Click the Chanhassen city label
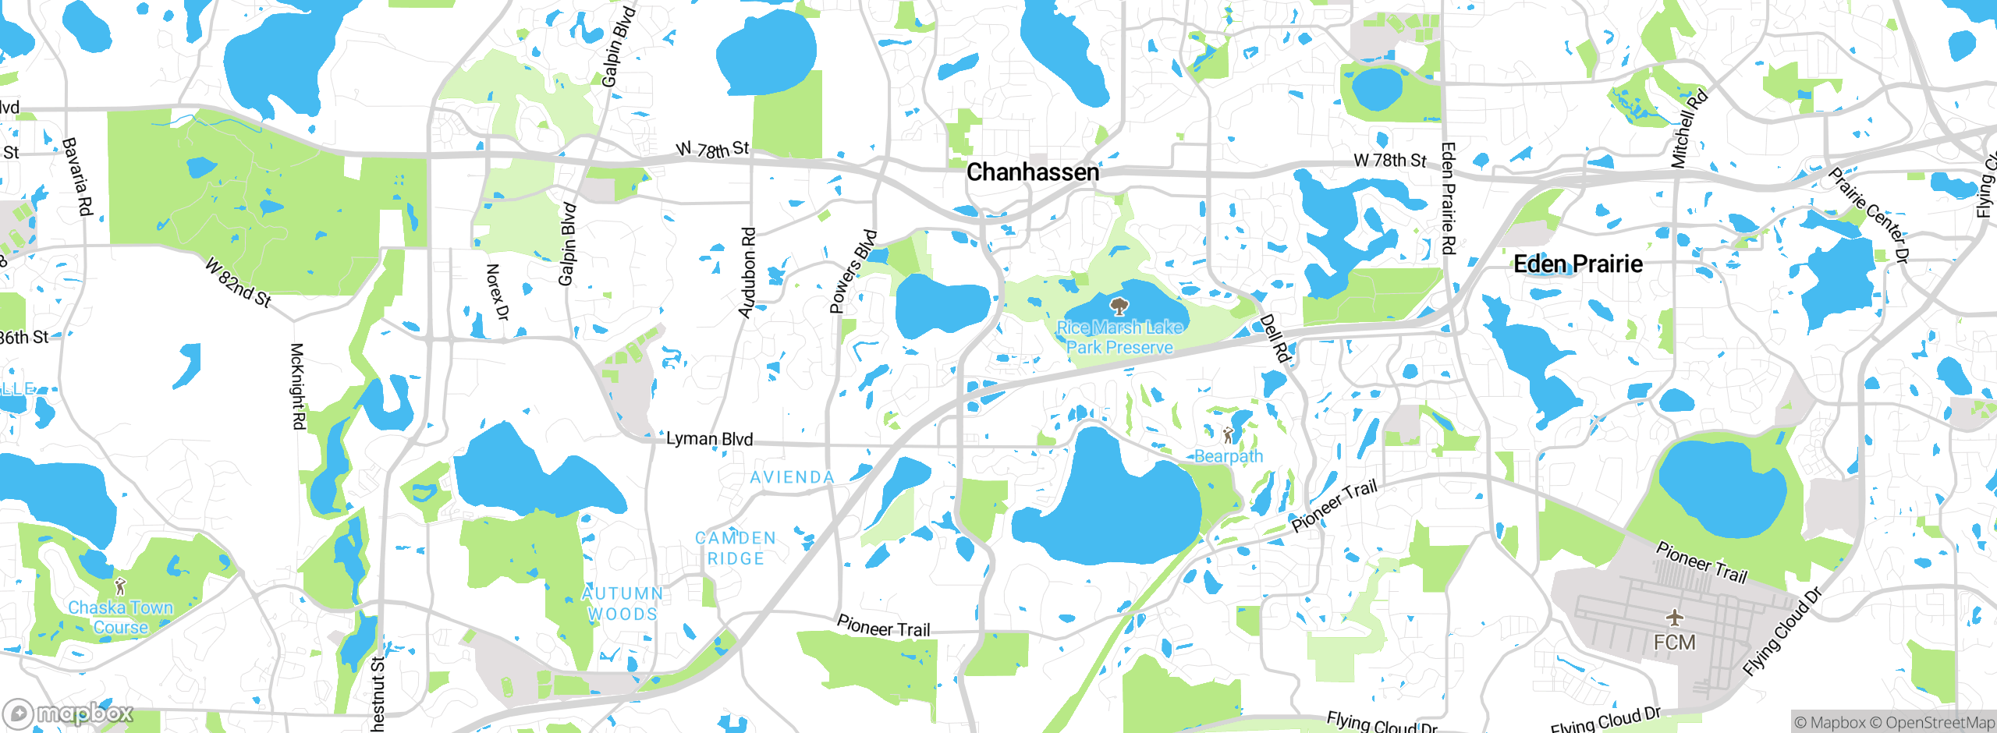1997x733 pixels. [x=1032, y=172]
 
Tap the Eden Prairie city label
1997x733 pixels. [x=1577, y=264]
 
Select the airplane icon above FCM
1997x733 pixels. [x=1674, y=618]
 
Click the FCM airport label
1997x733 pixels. [x=1674, y=643]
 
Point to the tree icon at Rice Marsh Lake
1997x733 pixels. [x=1119, y=305]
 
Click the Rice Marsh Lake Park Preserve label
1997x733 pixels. [x=1119, y=338]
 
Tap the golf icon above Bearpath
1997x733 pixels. [x=1228, y=435]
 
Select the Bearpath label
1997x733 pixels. [x=1228, y=456]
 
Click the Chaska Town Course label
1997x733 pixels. [x=120, y=617]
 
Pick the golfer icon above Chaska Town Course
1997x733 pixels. [x=119, y=586]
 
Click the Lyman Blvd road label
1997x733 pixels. [x=709, y=439]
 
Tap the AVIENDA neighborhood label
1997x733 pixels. [x=792, y=477]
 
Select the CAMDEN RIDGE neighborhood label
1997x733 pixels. [x=735, y=548]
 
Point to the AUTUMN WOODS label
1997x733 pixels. [x=623, y=604]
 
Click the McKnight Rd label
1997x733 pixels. [x=297, y=386]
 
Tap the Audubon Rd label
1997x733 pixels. [x=747, y=272]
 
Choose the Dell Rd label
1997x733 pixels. [x=1275, y=338]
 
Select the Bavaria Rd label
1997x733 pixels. [x=76, y=177]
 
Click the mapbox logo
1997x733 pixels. [x=68, y=714]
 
